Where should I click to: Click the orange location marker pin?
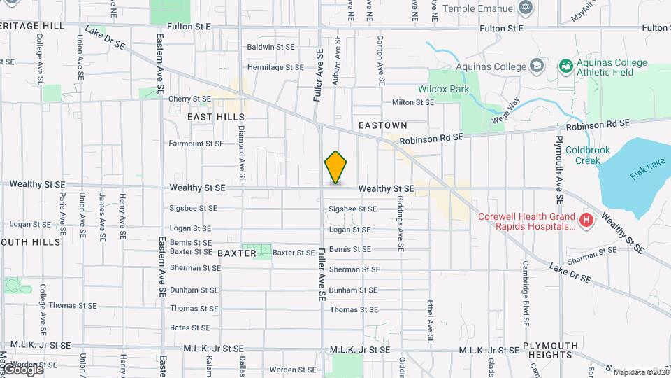point(335,167)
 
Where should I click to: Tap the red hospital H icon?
point(586,221)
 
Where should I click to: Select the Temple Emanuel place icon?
point(526,8)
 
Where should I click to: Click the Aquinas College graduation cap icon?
point(536,66)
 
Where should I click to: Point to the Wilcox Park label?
point(443,90)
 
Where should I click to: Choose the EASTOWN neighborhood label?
point(382,125)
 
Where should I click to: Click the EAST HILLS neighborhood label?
point(216,117)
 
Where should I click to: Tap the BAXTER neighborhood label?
point(237,253)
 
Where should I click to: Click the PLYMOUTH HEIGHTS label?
point(550,350)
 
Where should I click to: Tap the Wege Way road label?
point(508,111)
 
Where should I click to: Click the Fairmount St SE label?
point(196,143)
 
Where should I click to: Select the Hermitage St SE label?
point(275,68)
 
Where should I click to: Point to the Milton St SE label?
point(413,102)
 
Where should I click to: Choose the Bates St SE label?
point(190,328)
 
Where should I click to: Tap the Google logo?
point(22,369)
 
